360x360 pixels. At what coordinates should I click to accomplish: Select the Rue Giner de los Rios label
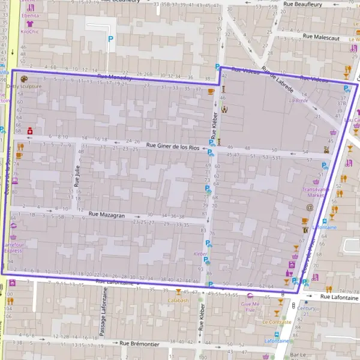[x=173, y=146]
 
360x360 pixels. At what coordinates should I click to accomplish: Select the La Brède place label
[x=298, y=100]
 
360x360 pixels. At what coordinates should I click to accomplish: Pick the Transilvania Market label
[x=316, y=192]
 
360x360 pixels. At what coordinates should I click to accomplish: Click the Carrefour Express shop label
[x=13, y=247]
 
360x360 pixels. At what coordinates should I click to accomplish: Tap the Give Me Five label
[x=250, y=307]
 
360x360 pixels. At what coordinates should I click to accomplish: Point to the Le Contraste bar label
[x=277, y=322]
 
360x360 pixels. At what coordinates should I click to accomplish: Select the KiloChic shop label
[x=29, y=31]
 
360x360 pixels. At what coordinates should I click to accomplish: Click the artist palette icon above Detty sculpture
[x=24, y=79]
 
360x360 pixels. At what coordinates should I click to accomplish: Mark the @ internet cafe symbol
[x=310, y=208]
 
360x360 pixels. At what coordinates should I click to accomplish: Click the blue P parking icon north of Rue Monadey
[x=109, y=39]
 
